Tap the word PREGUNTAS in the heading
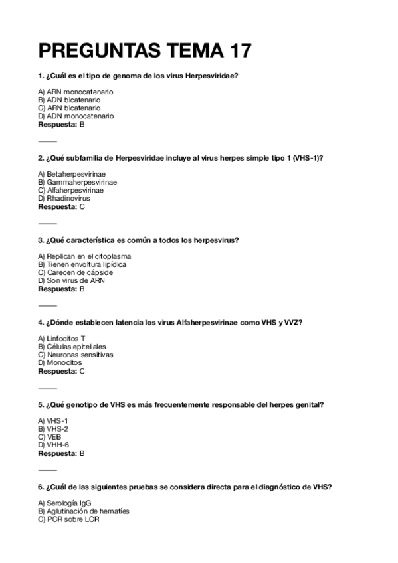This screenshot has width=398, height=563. pos(98,52)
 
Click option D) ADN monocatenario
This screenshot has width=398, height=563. pos(76,116)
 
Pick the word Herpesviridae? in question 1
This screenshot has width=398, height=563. pos(213,76)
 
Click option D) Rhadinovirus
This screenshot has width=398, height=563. pos(64,198)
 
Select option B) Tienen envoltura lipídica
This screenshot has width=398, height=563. pos(82,264)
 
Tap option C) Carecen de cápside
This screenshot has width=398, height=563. pos(75,272)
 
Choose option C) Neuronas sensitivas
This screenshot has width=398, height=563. pos(76,355)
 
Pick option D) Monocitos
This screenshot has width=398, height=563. pos(60,362)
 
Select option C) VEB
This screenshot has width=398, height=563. pos(50,437)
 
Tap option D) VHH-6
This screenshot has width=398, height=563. pos(54,445)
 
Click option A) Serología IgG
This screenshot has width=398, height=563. pos(65,503)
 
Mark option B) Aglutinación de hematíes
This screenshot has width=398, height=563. pos(84,511)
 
